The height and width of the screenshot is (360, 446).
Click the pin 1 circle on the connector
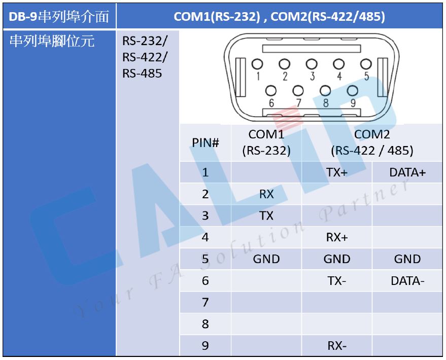257,64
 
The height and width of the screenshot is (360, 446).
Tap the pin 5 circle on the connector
366,64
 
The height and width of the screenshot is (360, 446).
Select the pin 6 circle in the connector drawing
271,91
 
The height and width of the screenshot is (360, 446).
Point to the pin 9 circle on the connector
353,91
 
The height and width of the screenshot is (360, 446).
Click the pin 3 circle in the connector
312,64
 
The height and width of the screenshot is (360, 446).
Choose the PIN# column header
205,142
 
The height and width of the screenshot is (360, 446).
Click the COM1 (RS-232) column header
266,142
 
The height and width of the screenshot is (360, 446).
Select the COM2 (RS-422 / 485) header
372,142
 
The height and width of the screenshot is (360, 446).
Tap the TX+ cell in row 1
337,172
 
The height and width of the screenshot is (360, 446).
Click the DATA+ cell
407,172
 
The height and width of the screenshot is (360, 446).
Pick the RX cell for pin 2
266,194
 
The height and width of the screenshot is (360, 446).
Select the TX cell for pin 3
266,215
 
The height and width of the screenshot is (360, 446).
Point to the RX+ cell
337,237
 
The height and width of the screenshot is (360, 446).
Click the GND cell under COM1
266,259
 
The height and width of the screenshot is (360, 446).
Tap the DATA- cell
407,281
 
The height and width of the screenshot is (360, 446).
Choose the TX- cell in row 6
337,281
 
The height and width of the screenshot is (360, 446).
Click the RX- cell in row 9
337,346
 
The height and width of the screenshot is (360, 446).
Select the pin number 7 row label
205,302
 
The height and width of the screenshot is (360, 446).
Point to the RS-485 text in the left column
142,74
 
